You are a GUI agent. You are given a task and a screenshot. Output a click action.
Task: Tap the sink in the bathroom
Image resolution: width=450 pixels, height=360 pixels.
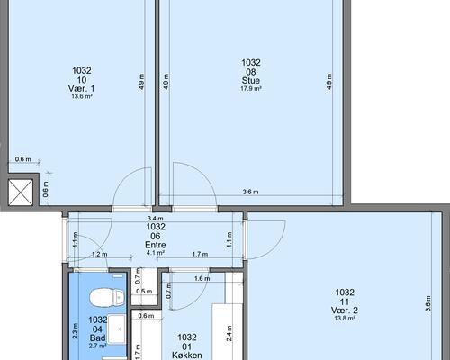click(116, 329)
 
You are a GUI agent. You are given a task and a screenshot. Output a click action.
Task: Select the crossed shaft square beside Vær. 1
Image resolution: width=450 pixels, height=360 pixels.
click(21, 193)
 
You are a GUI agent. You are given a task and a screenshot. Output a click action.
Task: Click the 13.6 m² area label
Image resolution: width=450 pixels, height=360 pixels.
click(82, 96)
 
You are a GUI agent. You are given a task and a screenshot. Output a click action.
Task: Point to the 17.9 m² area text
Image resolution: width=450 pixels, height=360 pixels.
click(251, 89)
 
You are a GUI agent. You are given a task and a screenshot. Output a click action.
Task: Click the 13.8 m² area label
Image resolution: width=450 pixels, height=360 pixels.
click(345, 319)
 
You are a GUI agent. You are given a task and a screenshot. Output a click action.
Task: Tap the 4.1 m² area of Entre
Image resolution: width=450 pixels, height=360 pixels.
click(156, 253)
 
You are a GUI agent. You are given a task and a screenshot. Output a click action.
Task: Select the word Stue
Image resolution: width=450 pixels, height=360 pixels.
click(251, 81)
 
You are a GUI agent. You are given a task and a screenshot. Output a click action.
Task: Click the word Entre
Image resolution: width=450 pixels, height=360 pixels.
click(156, 245)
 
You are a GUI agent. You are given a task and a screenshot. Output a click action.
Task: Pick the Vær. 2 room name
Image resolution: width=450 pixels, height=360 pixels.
click(345, 310)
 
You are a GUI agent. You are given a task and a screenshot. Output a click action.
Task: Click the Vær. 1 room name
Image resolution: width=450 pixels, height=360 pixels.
click(82, 88)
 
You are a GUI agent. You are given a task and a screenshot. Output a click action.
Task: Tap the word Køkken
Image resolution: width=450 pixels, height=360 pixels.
click(187, 355)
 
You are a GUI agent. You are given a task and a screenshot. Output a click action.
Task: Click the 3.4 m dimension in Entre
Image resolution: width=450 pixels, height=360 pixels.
click(156, 219)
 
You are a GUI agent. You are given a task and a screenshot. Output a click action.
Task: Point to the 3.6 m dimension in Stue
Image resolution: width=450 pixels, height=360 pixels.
click(250, 192)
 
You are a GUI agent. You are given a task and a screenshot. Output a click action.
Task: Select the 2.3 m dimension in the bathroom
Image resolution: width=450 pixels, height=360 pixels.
click(76, 331)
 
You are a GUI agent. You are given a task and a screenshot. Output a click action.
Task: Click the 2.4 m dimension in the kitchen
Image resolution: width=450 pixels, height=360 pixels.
click(229, 333)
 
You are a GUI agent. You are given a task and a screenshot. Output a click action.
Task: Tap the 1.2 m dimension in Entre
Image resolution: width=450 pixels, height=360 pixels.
click(100, 255)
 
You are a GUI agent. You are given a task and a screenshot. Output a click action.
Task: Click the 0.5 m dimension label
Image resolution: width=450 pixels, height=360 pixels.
click(144, 292)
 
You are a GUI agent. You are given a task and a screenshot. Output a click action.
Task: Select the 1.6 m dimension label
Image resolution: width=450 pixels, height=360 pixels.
click(202, 279)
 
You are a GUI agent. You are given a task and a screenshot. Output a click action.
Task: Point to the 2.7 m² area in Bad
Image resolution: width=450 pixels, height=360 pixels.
click(97, 346)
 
